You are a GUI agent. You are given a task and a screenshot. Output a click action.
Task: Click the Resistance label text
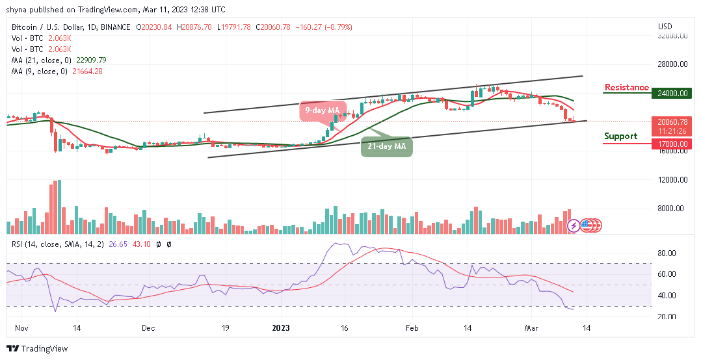pyautogui.click(x=626, y=88)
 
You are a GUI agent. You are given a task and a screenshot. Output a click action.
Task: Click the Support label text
pyautogui.click(x=620, y=136)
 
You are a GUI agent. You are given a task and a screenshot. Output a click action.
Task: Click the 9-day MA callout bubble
pyautogui.click(x=319, y=110)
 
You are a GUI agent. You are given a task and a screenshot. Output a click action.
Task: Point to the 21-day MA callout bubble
pyautogui.click(x=386, y=147)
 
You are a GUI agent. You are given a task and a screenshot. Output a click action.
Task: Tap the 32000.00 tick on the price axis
pyautogui.click(x=672, y=36)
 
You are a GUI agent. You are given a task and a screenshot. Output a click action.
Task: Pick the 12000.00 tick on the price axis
pyautogui.click(x=672, y=180)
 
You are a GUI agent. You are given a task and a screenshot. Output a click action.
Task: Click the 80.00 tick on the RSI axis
pyautogui.click(x=668, y=253)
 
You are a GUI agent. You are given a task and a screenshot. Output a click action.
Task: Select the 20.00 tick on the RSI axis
pyautogui.click(x=668, y=316)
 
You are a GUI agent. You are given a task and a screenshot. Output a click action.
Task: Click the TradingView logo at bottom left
pyautogui.click(x=38, y=349)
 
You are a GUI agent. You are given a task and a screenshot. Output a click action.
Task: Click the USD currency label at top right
pyautogui.click(x=665, y=27)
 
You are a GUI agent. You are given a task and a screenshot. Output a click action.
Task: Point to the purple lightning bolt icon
pyautogui.click(x=574, y=225)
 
